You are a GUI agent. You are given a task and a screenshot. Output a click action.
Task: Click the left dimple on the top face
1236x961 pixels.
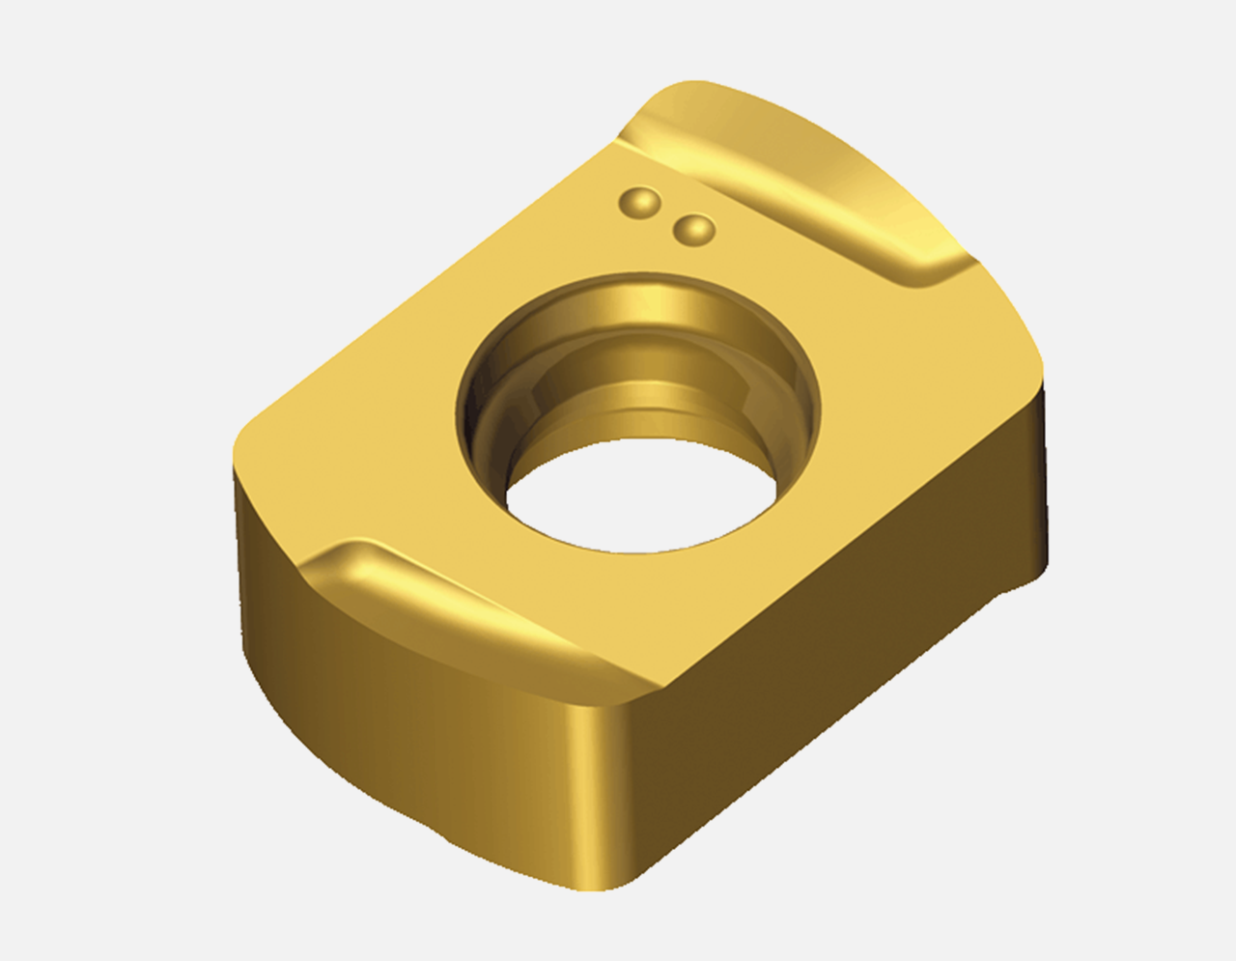[x=639, y=202]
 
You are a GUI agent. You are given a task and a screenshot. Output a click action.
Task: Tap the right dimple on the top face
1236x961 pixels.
[x=693, y=230]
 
